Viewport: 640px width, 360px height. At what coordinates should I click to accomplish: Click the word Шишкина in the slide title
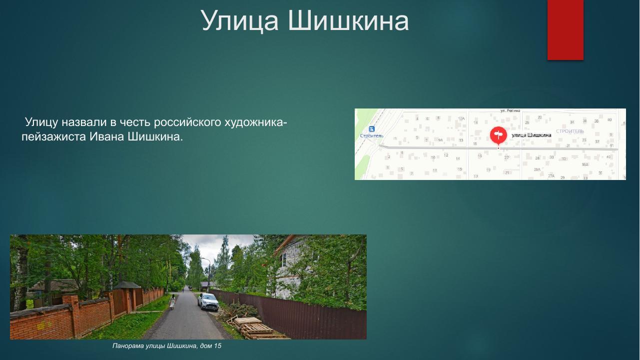pyautogui.click(x=349, y=21)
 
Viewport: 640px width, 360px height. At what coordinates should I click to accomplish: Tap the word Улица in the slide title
pyautogui.click(x=240, y=21)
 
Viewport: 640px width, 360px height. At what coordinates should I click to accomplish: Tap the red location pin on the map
pyautogui.click(x=498, y=135)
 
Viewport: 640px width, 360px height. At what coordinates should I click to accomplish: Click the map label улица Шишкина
pyautogui.click(x=531, y=135)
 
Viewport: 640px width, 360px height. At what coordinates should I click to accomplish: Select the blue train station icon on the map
pyautogui.click(x=371, y=129)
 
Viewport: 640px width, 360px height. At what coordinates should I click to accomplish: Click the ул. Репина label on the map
pyautogui.click(x=510, y=110)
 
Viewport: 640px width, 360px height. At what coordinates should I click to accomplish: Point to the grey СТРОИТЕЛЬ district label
pyautogui.click(x=570, y=131)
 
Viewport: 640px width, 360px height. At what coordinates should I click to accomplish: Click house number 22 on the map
pyautogui.click(x=506, y=157)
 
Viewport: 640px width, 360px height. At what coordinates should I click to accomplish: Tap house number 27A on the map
pyautogui.click(x=551, y=176)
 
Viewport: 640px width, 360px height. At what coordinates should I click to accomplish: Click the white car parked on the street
pyautogui.click(x=208, y=301)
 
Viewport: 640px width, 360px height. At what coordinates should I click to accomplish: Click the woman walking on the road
pyautogui.click(x=172, y=301)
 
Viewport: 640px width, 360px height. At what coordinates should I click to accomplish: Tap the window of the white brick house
pyautogui.click(x=284, y=259)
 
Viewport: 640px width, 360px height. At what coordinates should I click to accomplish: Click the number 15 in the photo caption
pyautogui.click(x=217, y=346)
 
